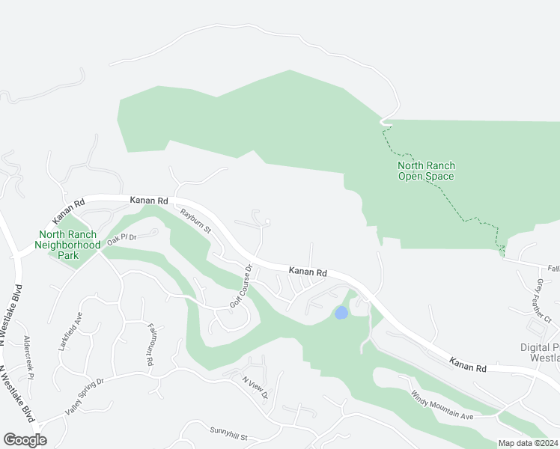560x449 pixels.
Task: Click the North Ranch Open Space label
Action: point(425,171)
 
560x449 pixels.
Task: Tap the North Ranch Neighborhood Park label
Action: point(69,239)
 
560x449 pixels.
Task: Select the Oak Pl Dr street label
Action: point(121,238)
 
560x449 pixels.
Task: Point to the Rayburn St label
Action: point(196,220)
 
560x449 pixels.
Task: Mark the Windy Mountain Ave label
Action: point(441,406)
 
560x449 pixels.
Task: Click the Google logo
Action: point(25,440)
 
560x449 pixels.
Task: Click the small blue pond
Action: point(341,313)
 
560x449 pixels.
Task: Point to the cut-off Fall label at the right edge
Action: point(553,268)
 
